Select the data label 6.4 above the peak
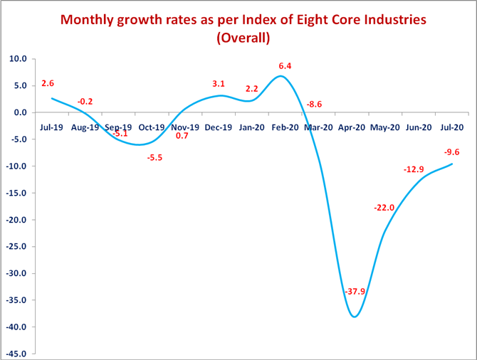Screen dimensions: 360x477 [x=285, y=66]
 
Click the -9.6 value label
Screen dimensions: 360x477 [x=452, y=152]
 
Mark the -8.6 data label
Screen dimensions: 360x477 [x=314, y=105]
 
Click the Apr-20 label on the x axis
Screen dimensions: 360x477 [x=352, y=127]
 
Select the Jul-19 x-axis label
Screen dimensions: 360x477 [x=51, y=127]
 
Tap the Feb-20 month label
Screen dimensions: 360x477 [x=285, y=127]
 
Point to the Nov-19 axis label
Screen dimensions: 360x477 [x=184, y=127]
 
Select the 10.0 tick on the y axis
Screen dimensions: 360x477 [x=19, y=59]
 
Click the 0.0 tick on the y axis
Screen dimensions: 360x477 [x=21, y=112]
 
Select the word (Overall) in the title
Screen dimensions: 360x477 [x=243, y=38]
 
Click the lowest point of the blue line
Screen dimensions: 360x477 [x=355, y=317]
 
